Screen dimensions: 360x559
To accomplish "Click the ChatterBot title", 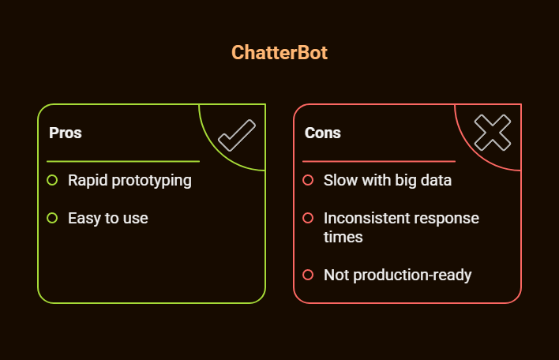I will click(x=279, y=53).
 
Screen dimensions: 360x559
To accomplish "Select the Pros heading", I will click(x=66, y=133).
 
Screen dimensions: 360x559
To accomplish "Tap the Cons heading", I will click(x=323, y=133).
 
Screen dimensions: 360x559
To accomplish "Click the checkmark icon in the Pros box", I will click(x=236, y=135).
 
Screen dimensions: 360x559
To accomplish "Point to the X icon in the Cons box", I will click(x=492, y=133).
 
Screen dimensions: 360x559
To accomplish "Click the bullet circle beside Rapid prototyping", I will click(x=52, y=180).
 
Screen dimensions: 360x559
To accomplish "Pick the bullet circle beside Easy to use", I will click(x=52, y=218).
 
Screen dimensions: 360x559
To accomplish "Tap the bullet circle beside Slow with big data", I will click(x=308, y=180).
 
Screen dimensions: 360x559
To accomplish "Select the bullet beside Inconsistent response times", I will click(x=308, y=218).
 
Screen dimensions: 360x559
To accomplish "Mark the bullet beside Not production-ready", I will click(x=308, y=275).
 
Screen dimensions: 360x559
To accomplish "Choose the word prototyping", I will click(x=151, y=181).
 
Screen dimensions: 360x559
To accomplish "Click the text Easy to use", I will click(x=108, y=218).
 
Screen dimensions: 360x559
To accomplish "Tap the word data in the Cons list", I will click(x=435, y=180).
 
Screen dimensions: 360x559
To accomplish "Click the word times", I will click(x=343, y=237).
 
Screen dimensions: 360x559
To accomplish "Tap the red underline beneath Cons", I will click(x=379, y=161).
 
